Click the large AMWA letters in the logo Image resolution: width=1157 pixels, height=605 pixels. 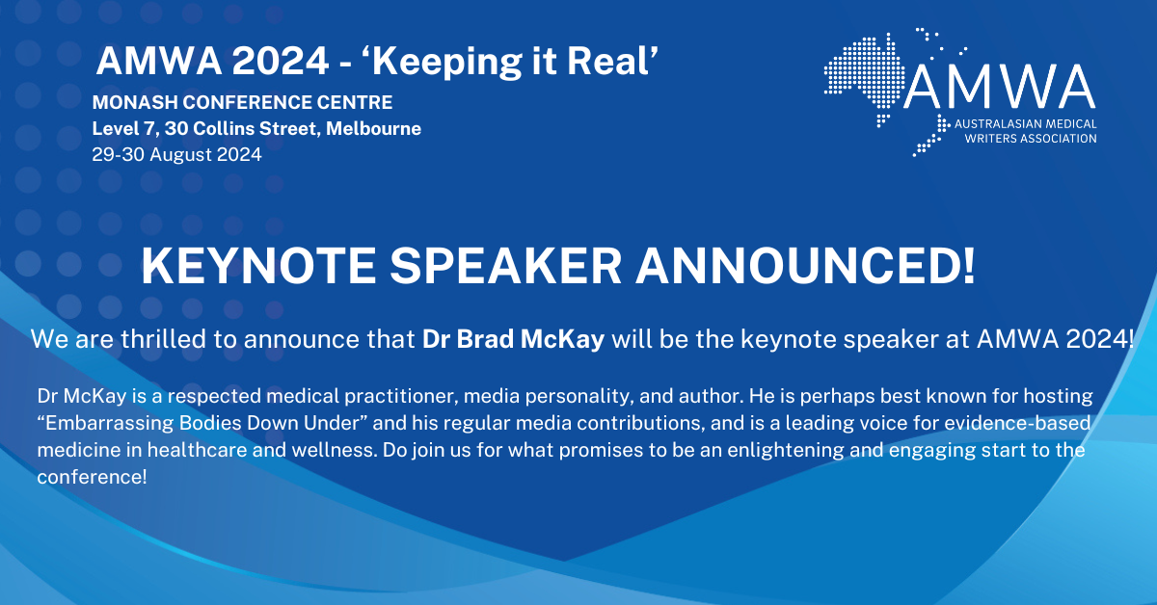1001,90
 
